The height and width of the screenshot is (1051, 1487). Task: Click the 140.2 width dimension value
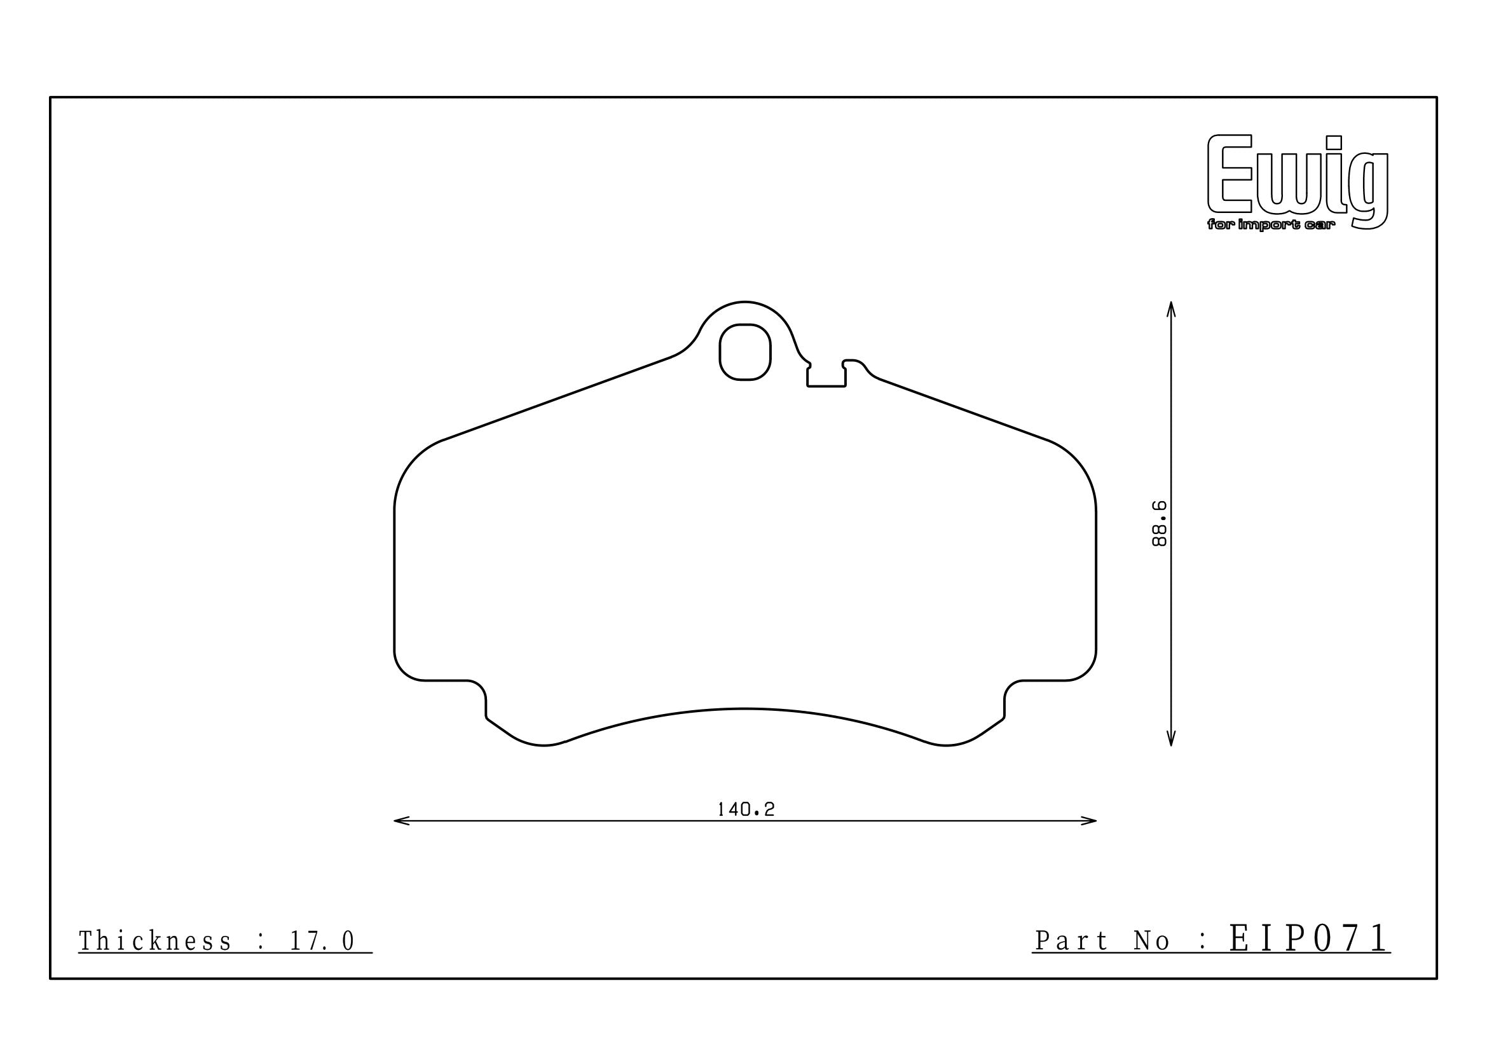(x=746, y=809)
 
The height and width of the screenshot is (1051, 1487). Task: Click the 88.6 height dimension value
(x=1160, y=523)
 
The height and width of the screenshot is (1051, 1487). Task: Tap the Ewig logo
(x=1298, y=182)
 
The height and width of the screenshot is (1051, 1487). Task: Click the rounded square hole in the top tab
(x=745, y=352)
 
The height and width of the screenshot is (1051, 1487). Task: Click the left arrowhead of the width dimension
(x=402, y=821)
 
